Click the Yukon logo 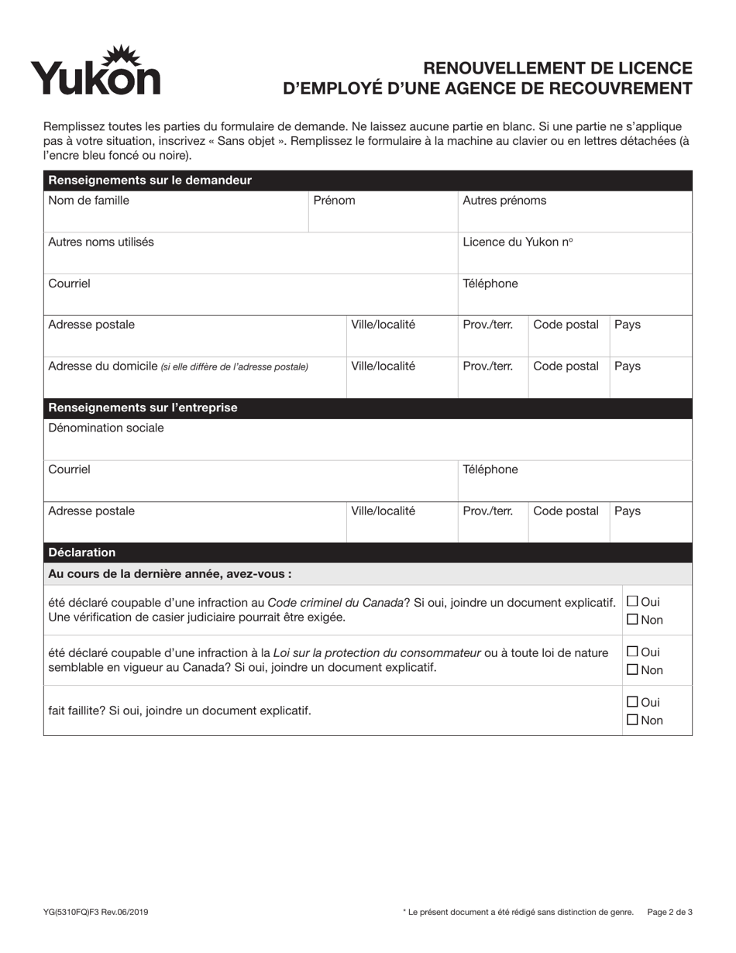[95, 71]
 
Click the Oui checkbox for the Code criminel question [632, 601]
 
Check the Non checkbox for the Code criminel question [632, 619]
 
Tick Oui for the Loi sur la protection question [632, 652]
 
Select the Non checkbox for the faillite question [632, 720]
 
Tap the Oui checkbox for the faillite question [632, 702]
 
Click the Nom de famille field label [88, 201]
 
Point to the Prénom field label [334, 201]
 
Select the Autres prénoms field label [504, 201]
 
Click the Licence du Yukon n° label [518, 242]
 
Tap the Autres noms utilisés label [101, 242]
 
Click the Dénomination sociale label [106, 428]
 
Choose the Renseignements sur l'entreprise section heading [143, 408]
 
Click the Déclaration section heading [81, 552]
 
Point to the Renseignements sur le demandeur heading [150, 181]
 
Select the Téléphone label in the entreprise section [490, 470]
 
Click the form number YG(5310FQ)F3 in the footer [96, 913]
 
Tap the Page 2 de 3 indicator [669, 913]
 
